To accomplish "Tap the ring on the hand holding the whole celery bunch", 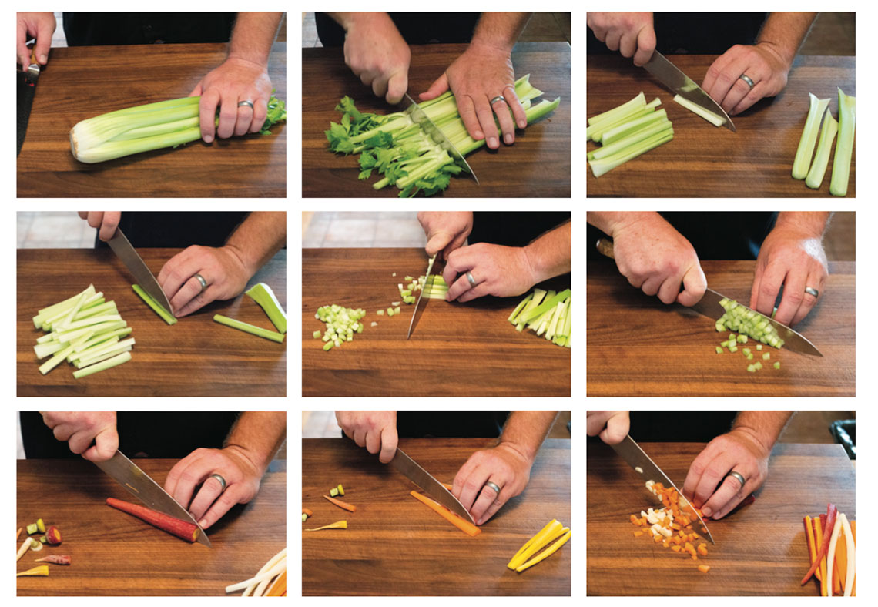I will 245,104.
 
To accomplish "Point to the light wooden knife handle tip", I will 605,247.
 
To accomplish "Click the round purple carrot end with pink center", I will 53,535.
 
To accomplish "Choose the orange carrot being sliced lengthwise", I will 444,511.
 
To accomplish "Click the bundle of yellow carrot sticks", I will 538,545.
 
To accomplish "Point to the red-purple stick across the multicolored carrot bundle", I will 820,539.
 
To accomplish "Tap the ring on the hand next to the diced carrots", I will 737,478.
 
